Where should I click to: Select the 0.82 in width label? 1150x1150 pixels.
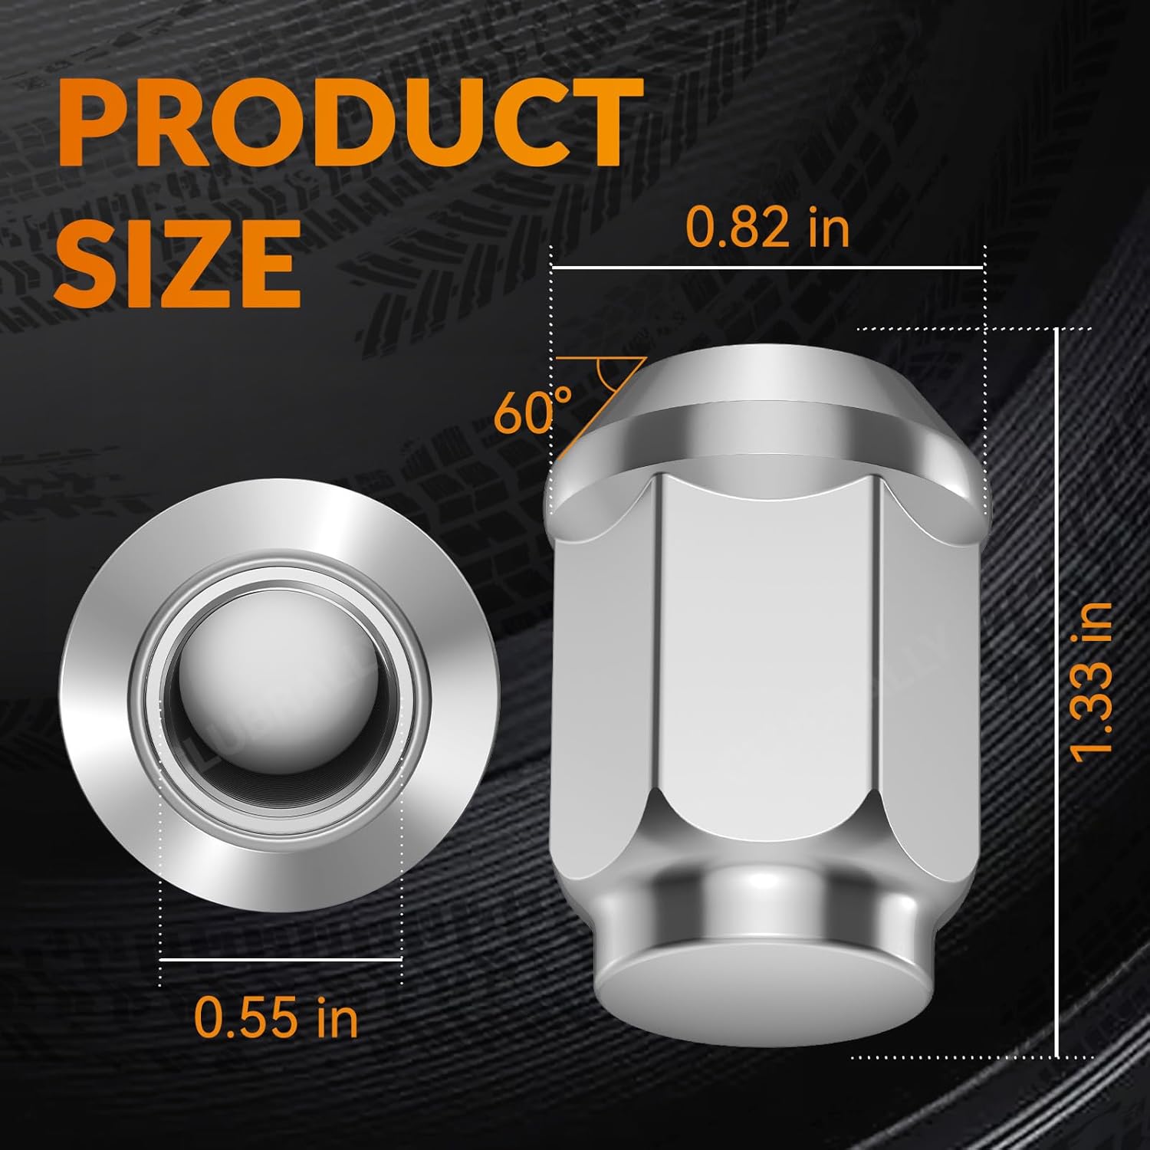[767, 228]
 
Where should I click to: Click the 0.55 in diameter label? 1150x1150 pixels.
[276, 1016]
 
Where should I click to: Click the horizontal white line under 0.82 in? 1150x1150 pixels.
[767, 268]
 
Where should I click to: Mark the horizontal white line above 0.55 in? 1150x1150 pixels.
[281, 958]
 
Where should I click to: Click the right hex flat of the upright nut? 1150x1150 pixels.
[920, 667]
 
